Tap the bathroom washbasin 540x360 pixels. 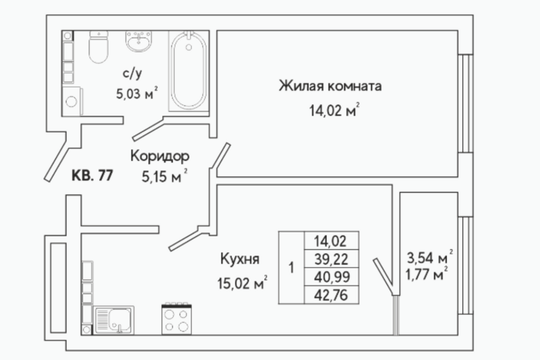tap(138, 41)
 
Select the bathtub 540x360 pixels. tap(189, 71)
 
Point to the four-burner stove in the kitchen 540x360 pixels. tap(177, 319)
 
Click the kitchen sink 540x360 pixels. tap(114, 320)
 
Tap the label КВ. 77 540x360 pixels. tap(92, 175)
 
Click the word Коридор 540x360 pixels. tap(160, 156)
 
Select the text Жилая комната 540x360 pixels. tap(330, 85)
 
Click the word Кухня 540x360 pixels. tap(240, 259)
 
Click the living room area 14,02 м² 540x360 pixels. tap(334, 111)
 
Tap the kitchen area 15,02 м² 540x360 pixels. tap(242, 283)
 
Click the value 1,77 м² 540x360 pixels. tap(427, 274)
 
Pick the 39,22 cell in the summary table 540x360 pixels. tap(331, 259)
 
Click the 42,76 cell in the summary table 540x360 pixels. tap(331, 295)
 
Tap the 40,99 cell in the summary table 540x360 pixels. tap(331, 277)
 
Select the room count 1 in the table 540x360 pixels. tap(292, 268)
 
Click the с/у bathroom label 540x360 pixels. tap(132, 74)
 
